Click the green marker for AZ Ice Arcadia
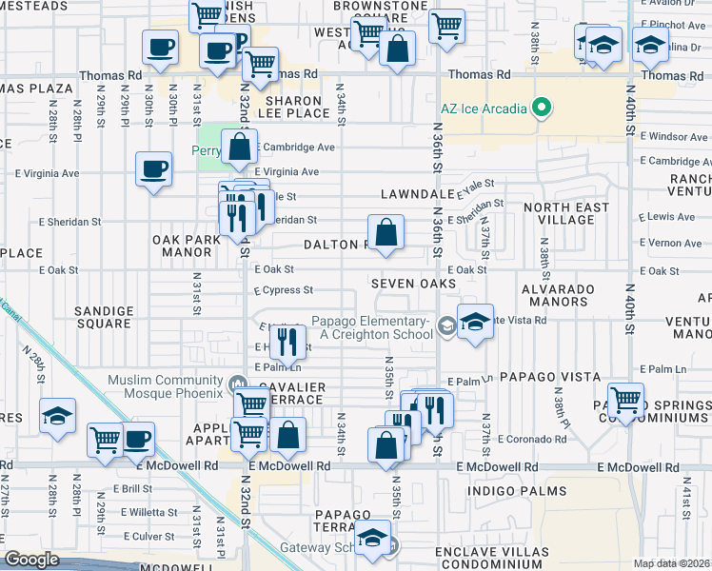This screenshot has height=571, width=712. point(543,107)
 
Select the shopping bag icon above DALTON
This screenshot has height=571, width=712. point(386,232)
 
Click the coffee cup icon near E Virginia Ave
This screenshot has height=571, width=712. point(153,169)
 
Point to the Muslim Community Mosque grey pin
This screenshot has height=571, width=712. point(236,383)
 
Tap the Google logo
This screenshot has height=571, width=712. point(32,560)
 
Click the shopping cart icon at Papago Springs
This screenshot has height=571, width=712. point(625,400)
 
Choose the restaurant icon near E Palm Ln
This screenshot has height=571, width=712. point(287,340)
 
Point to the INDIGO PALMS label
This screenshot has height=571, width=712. point(517,490)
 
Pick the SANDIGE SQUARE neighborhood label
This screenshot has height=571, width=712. point(103,317)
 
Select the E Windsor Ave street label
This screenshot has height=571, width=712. point(675,137)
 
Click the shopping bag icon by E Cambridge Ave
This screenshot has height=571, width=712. point(240,147)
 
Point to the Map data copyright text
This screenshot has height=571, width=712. point(672,563)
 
